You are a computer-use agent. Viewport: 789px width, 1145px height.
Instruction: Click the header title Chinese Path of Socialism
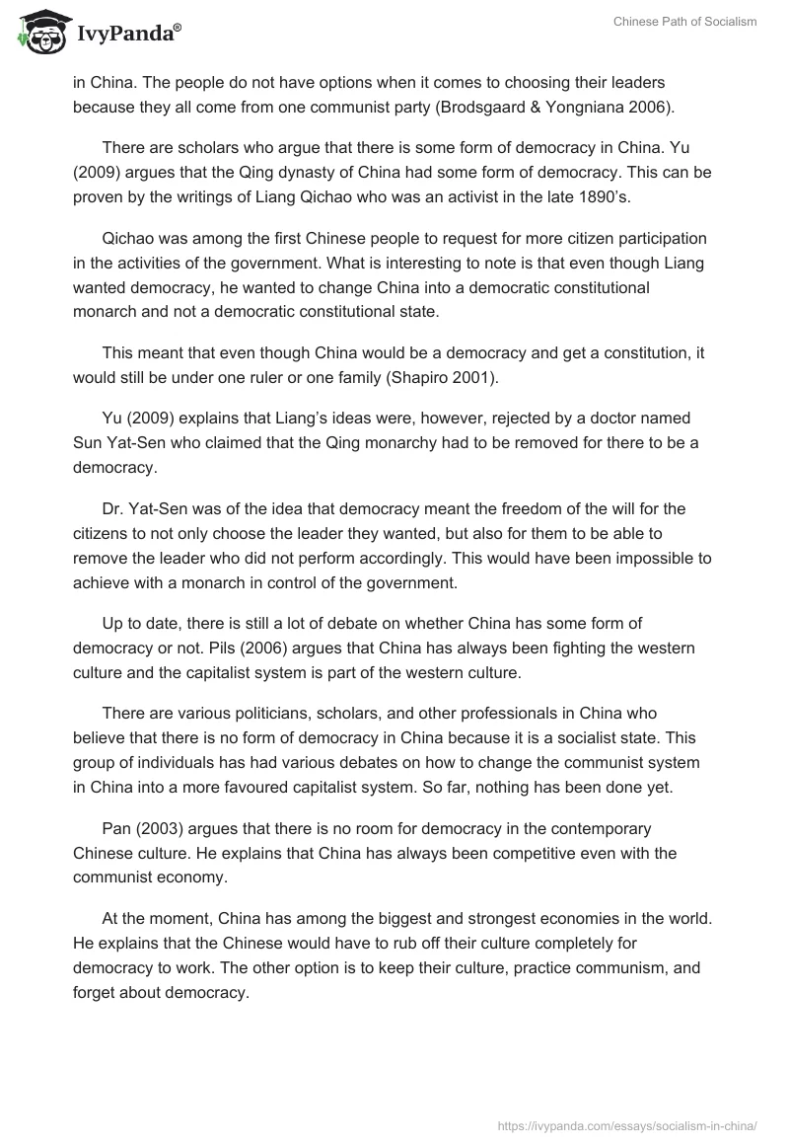(x=685, y=22)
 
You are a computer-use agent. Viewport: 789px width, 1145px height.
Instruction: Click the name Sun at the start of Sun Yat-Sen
(x=88, y=442)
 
